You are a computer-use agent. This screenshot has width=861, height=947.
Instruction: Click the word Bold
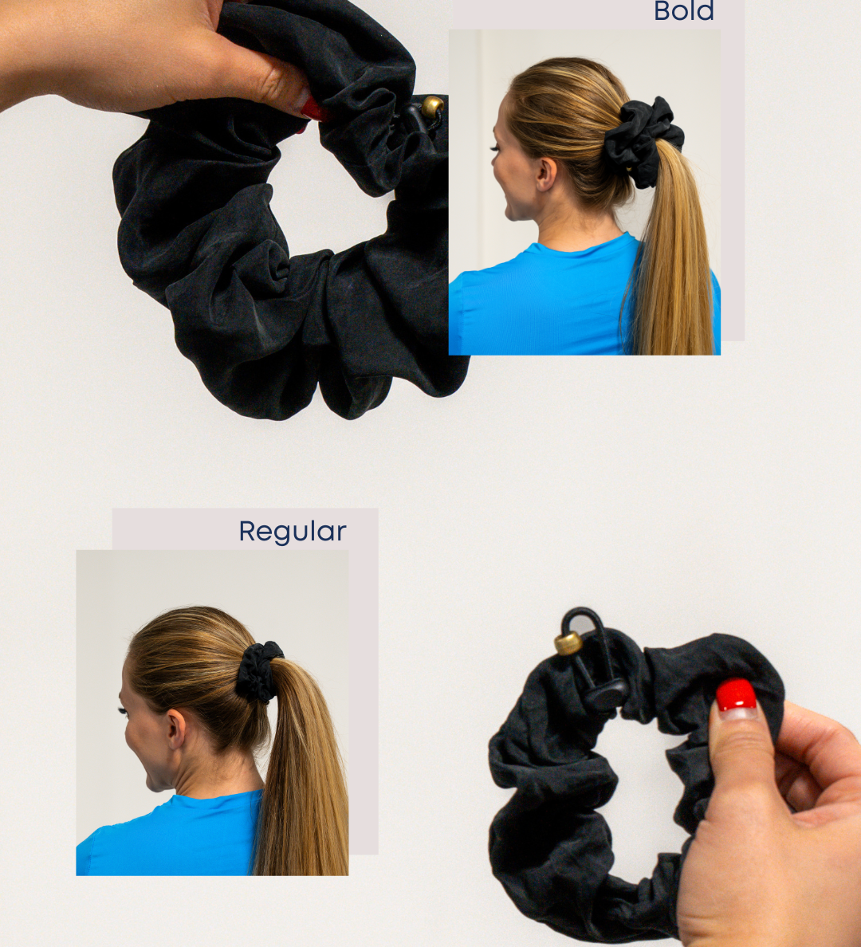tap(683, 11)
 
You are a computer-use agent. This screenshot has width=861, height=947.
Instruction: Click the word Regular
tap(293, 532)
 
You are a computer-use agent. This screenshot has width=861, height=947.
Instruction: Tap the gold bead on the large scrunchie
tap(432, 106)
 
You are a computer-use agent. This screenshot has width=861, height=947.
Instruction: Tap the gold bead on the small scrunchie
tap(568, 643)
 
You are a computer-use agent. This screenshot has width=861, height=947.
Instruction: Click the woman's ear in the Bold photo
tap(545, 173)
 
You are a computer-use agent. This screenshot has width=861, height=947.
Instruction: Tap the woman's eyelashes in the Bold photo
tap(495, 148)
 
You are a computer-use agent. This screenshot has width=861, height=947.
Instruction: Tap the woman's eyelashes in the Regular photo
tap(123, 712)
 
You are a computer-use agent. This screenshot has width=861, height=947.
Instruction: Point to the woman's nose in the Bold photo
tap(495, 173)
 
